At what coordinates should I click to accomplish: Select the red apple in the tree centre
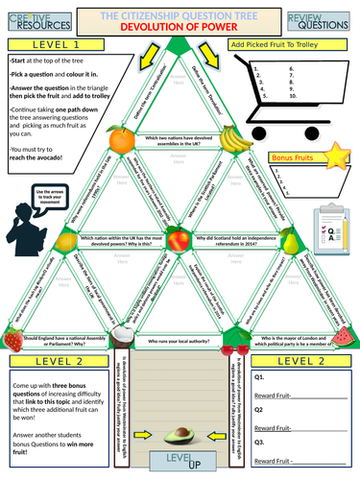click(180, 237)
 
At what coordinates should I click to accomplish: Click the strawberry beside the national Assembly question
click(12, 338)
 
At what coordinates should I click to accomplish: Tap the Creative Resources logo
click(31, 19)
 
